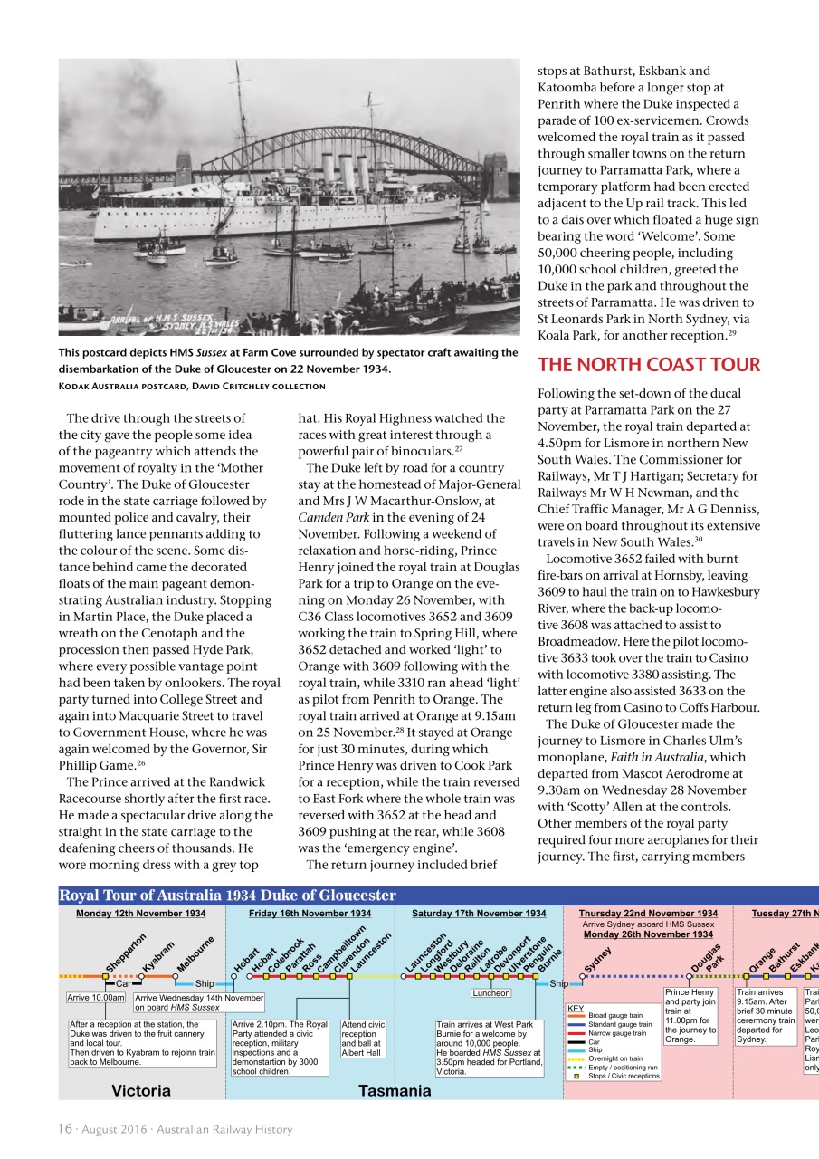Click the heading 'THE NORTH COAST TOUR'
coord(649,365)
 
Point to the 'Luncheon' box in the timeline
coord(491,993)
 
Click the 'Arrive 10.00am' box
coord(96,997)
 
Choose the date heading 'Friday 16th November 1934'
coord(310,914)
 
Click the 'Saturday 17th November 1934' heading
coord(479,914)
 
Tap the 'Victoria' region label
coord(140,1090)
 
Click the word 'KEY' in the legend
coord(576,1007)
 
